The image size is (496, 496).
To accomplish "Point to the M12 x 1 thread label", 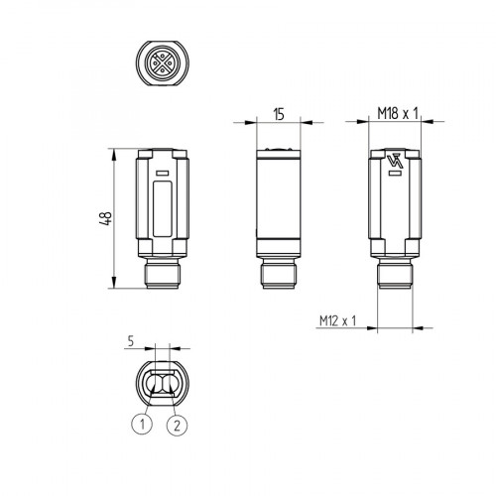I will [338, 319].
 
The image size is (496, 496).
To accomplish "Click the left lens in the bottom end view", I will [155, 382].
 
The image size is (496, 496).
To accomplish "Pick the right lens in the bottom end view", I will [170, 382].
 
